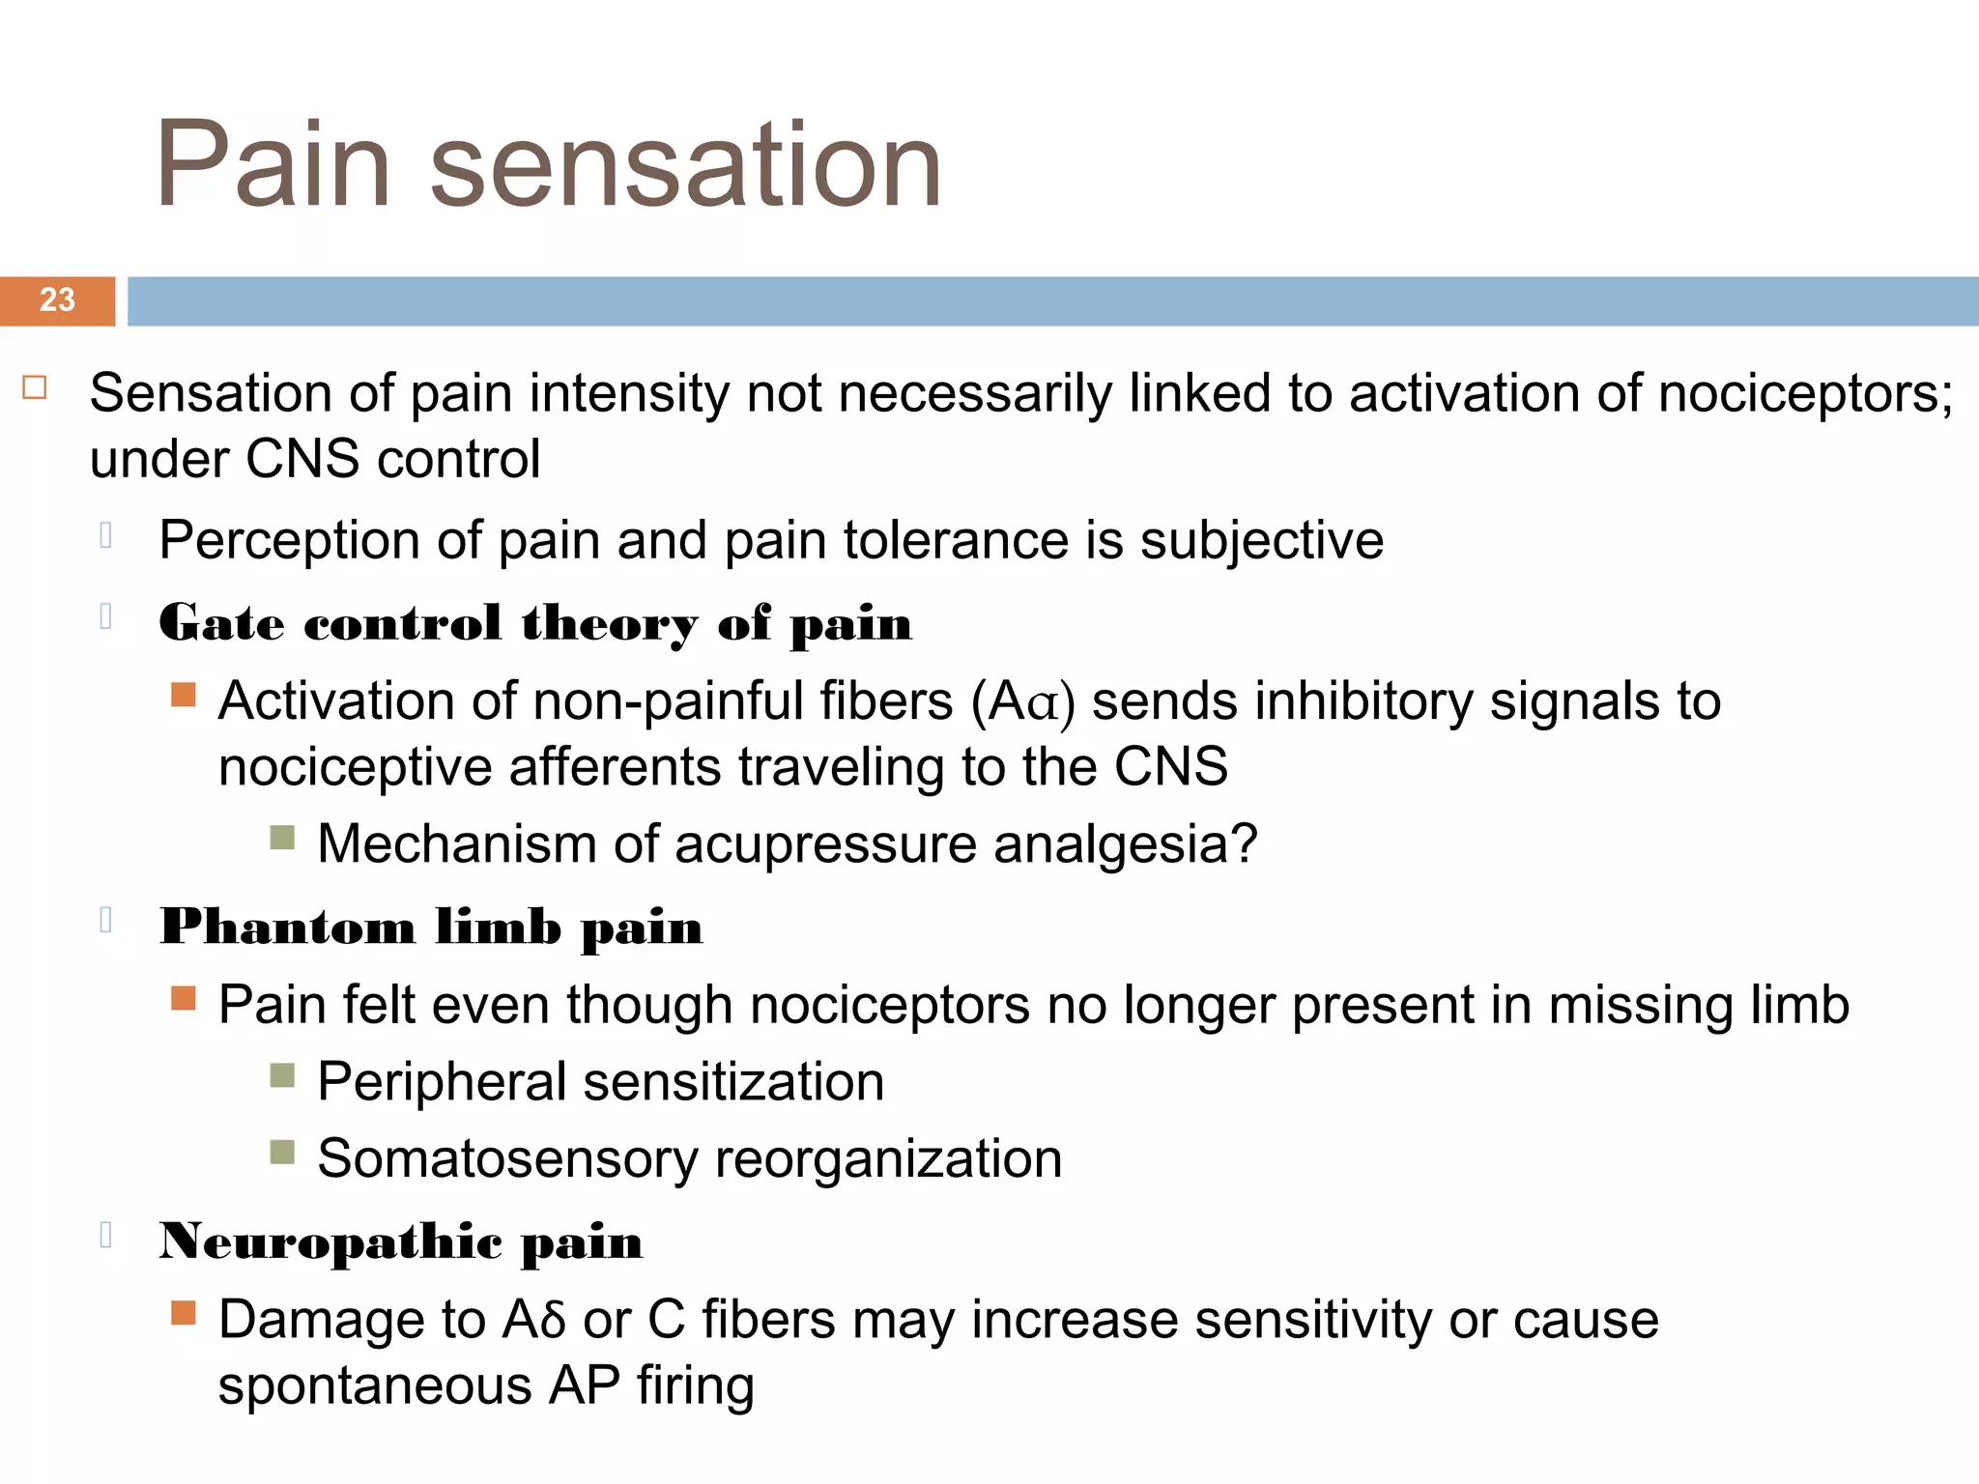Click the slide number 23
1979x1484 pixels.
click(57, 300)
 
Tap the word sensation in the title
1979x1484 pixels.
click(685, 164)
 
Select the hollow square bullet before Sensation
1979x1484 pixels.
click(35, 387)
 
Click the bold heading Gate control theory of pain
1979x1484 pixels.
click(535, 622)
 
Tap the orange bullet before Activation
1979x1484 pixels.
click(183, 695)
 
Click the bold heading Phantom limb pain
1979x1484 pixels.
click(431, 927)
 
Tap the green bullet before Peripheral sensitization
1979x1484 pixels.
click(282, 1075)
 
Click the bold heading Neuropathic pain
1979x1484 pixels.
click(401, 1241)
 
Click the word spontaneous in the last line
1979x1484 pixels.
click(375, 1385)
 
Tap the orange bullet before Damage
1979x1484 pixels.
click(183, 1313)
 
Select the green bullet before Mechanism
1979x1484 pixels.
click(282, 838)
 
